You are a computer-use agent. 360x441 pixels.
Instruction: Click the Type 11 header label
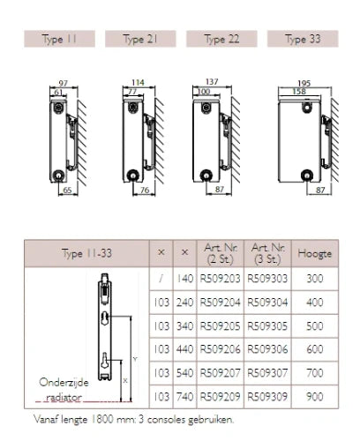(x=59, y=39)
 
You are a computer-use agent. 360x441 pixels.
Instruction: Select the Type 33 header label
(x=303, y=39)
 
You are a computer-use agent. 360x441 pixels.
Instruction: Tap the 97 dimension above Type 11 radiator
(x=64, y=83)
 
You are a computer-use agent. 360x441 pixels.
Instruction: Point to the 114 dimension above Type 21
(x=138, y=83)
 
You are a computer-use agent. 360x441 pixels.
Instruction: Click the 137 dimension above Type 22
(x=212, y=81)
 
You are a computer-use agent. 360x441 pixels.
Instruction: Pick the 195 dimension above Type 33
(x=304, y=84)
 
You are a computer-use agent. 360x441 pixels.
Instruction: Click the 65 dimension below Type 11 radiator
(x=67, y=191)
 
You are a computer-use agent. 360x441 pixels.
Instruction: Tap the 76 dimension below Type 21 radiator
(x=145, y=191)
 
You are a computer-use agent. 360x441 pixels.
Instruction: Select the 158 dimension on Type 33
(x=299, y=92)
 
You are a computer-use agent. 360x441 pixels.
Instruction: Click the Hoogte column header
(x=314, y=253)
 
